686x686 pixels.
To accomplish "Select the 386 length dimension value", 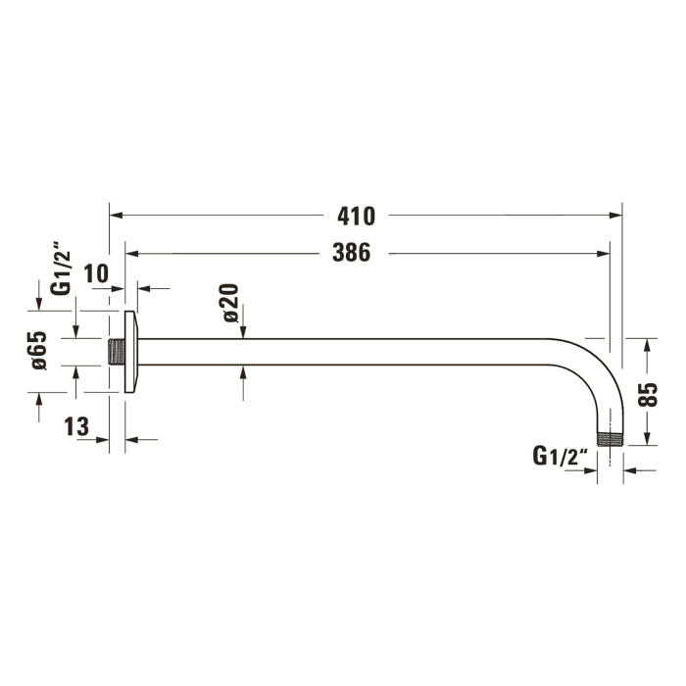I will [351, 253].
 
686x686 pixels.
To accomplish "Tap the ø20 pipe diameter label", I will [231, 302].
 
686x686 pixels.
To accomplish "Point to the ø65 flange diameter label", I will [38, 350].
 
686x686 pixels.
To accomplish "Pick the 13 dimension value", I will [77, 426].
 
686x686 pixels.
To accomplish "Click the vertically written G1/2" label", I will [61, 271].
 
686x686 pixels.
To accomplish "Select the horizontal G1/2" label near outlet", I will [560, 456].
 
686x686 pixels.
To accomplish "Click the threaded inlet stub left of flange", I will [115, 352].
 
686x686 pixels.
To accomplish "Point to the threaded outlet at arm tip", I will [612, 437].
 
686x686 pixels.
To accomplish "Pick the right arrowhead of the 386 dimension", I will [606, 254].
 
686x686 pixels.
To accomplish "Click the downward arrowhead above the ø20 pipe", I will [243, 333].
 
